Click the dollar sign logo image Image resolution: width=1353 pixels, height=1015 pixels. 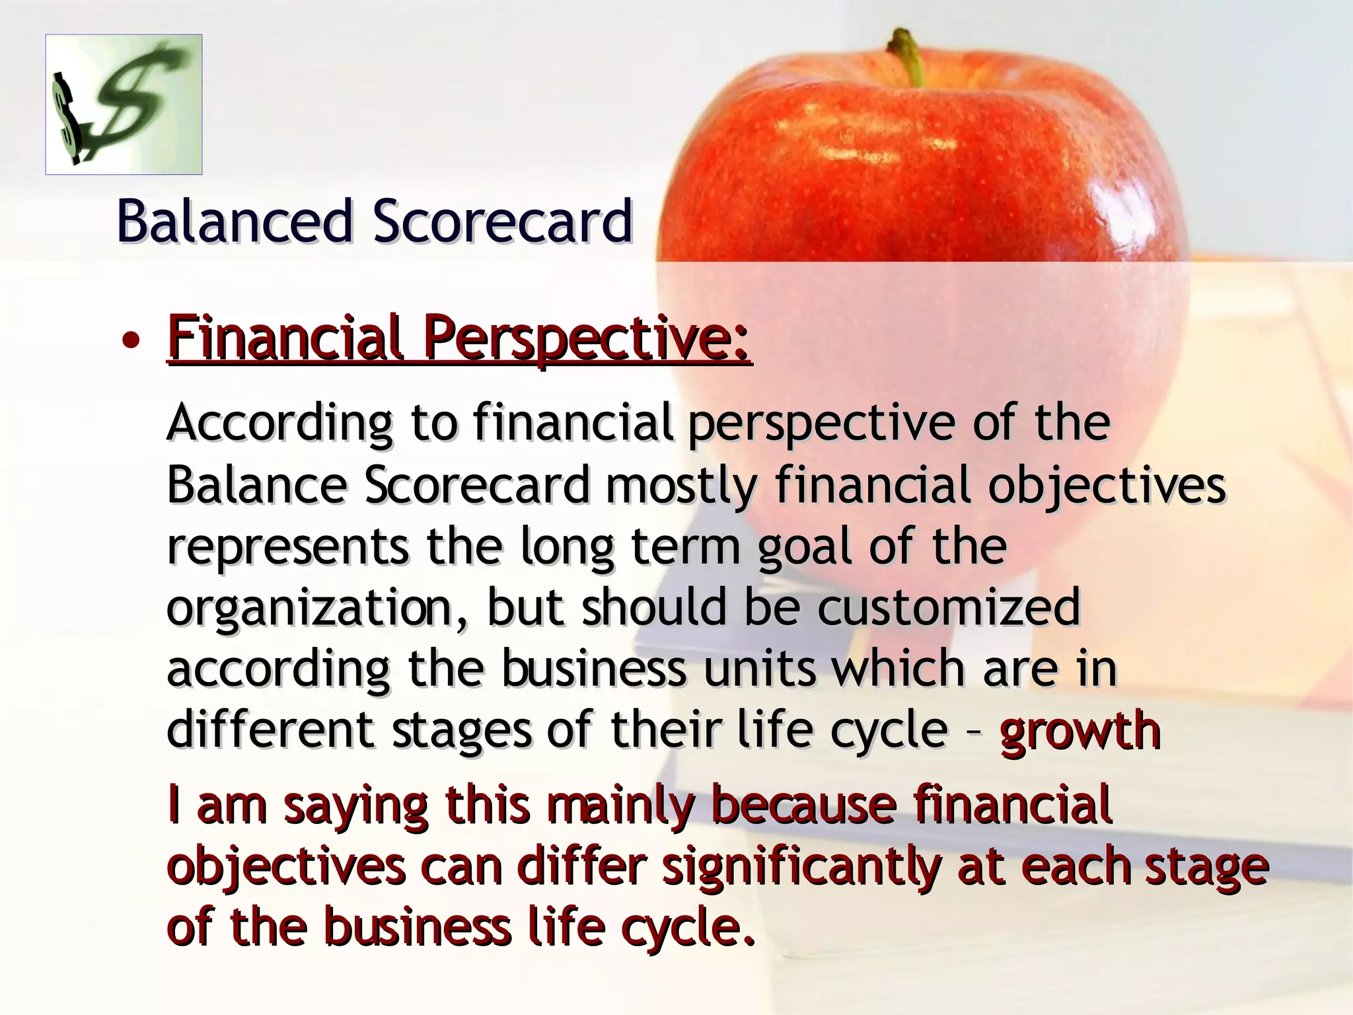click(124, 104)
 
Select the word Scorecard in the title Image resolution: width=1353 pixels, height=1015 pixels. click(502, 221)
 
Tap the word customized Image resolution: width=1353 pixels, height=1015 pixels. click(949, 608)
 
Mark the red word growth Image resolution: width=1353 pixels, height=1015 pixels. click(1080, 731)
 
